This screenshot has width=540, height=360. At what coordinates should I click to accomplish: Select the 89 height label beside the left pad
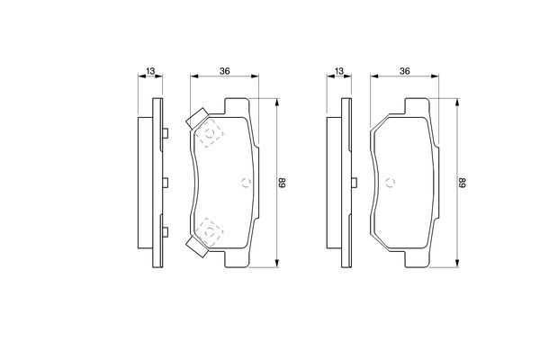pyautogui.click(x=283, y=183)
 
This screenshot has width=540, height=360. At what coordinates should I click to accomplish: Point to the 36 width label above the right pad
pyautogui.click(x=405, y=71)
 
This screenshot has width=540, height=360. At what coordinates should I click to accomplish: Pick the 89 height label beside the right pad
pyautogui.click(x=463, y=183)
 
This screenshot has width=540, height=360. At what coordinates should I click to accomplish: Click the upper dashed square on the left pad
pyautogui.click(x=211, y=135)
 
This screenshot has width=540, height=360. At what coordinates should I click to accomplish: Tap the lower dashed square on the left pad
pyautogui.click(x=211, y=231)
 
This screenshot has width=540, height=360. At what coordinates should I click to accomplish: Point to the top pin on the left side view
pyautogui.click(x=166, y=134)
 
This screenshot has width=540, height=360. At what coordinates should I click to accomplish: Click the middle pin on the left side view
pyautogui.click(x=166, y=183)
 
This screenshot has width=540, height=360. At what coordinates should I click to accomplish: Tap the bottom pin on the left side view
pyautogui.click(x=166, y=231)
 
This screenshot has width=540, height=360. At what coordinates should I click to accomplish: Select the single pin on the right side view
pyautogui.click(x=347, y=183)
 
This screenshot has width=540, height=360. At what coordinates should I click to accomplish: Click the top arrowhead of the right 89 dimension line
pyautogui.click(x=456, y=101)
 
